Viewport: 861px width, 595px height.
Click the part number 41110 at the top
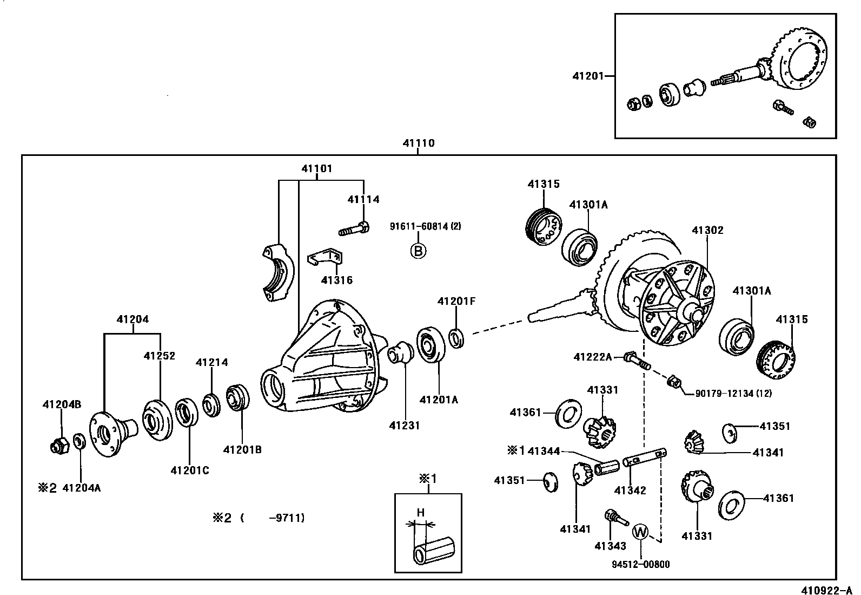pyautogui.click(x=418, y=144)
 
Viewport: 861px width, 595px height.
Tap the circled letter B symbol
pyautogui.click(x=418, y=251)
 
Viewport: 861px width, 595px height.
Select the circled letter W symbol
pyautogui.click(x=640, y=532)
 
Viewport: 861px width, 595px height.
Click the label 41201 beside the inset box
pyautogui.click(x=588, y=76)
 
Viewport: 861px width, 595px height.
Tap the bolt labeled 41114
pyautogui.click(x=354, y=228)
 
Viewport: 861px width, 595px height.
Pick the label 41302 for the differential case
pyautogui.click(x=707, y=231)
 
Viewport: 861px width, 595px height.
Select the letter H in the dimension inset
pyautogui.click(x=420, y=513)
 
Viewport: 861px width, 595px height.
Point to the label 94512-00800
pyautogui.click(x=641, y=565)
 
